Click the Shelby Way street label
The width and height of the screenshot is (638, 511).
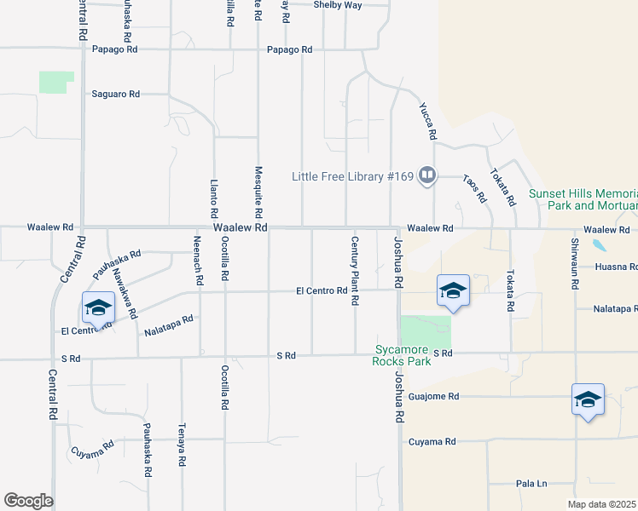tap(338, 5)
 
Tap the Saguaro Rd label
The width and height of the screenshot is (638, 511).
tap(116, 94)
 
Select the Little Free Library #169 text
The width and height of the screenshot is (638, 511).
tap(352, 177)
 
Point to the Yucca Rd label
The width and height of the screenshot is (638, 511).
tap(427, 122)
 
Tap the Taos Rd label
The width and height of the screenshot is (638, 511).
tap(474, 190)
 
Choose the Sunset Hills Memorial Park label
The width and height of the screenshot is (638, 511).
tap(583, 199)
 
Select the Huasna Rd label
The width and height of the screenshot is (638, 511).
tap(616, 267)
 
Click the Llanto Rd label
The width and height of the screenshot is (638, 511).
tap(214, 199)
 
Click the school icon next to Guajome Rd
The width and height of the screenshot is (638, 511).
tap(588, 399)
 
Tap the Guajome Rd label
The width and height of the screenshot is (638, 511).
tap(434, 396)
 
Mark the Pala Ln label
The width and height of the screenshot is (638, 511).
tap(531, 484)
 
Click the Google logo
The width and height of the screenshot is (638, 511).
tap(28, 500)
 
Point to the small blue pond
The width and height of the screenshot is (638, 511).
tap(600, 245)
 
